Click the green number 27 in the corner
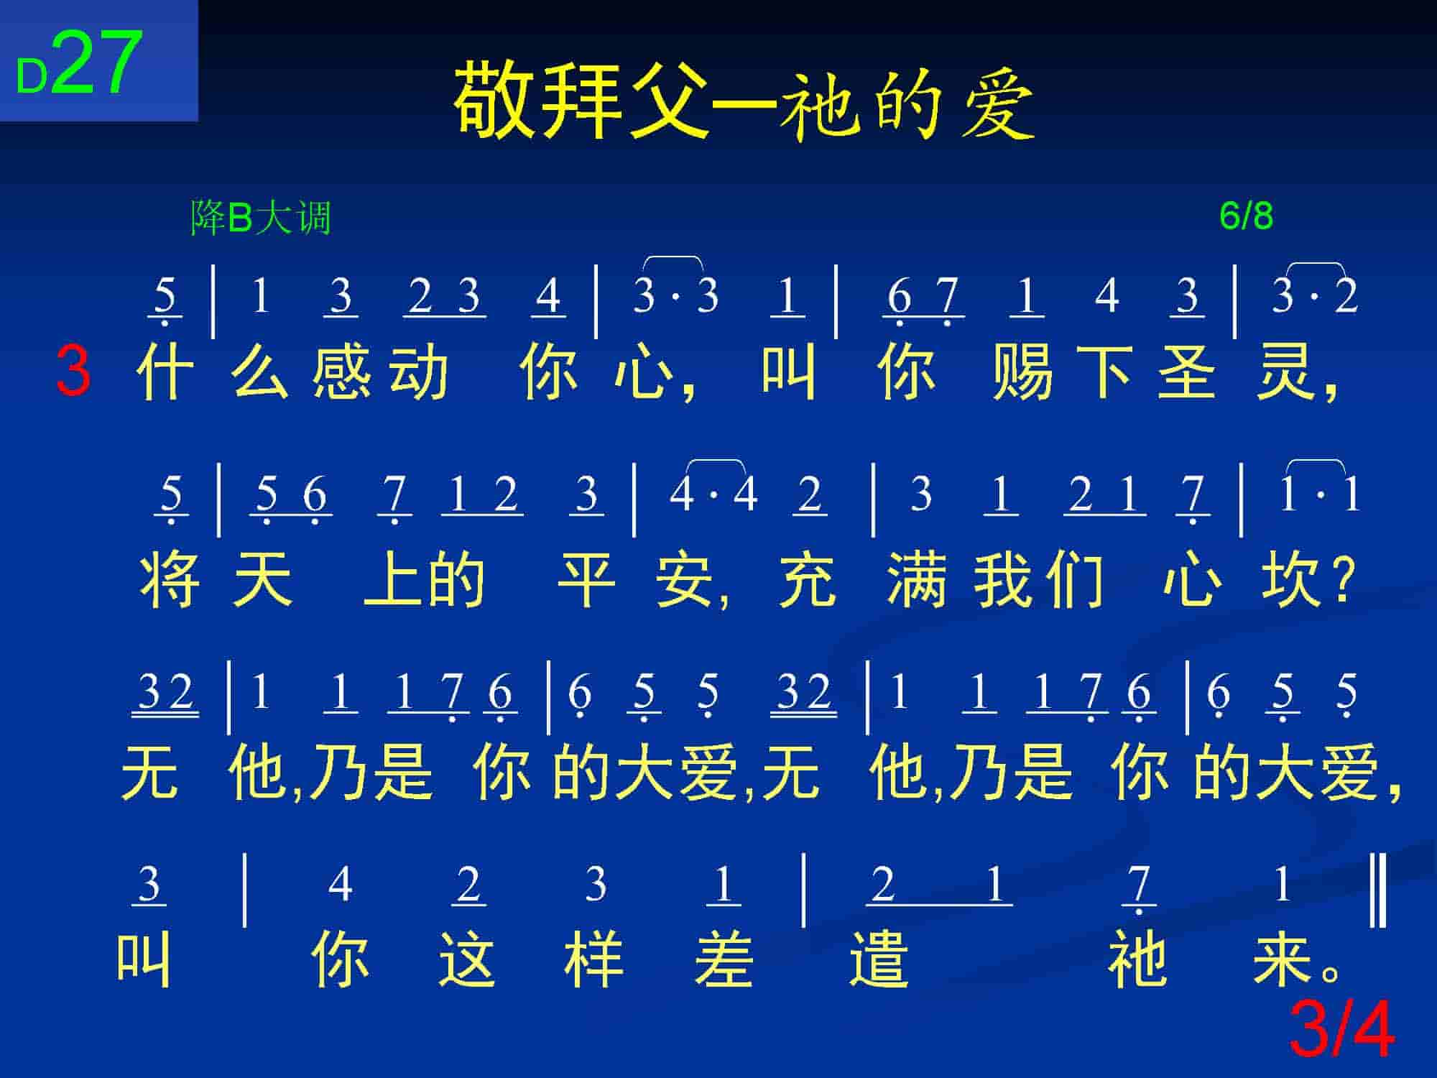click(x=96, y=63)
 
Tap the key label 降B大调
click(x=261, y=218)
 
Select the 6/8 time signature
click(x=1246, y=216)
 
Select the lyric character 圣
click(x=1187, y=372)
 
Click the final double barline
click(x=1378, y=890)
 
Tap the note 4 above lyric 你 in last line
click(x=340, y=884)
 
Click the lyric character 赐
click(x=1022, y=372)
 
